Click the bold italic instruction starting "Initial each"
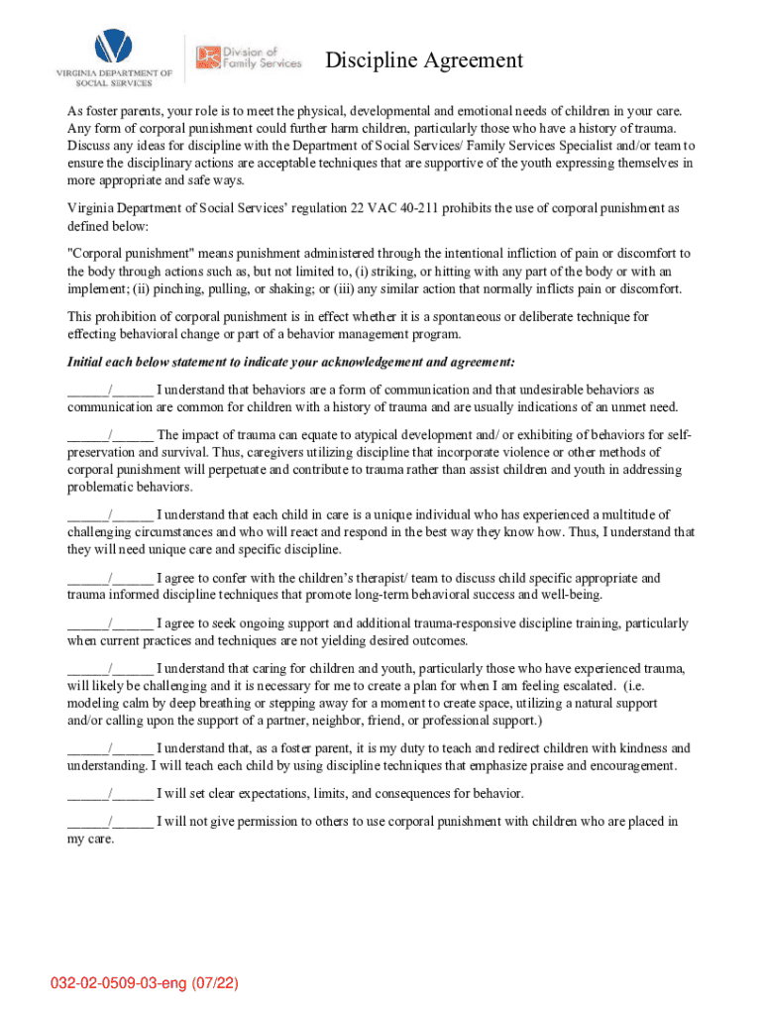click(x=290, y=362)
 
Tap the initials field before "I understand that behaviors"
click(x=110, y=391)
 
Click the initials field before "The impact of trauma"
click(x=110, y=435)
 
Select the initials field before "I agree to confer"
click(x=110, y=578)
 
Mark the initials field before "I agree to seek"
click(x=110, y=623)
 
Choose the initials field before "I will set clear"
click(x=110, y=794)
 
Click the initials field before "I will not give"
click(x=110, y=822)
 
